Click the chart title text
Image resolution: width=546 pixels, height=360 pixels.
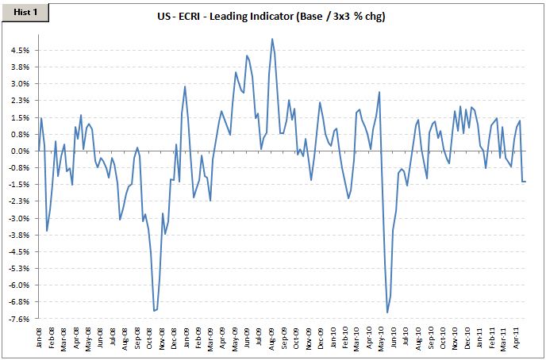pyautogui.click(x=272, y=17)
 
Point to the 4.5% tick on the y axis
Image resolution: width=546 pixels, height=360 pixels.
pyautogui.click(x=20, y=50)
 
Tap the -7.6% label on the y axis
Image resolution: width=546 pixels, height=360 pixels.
pyautogui.click(x=20, y=319)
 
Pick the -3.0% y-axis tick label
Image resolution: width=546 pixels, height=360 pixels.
pyautogui.click(x=20, y=218)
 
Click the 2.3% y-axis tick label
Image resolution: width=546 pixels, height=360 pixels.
pyautogui.click(x=20, y=100)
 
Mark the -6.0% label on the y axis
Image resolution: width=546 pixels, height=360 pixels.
pyautogui.click(x=20, y=285)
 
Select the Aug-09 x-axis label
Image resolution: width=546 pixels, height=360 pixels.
pyautogui.click(x=273, y=336)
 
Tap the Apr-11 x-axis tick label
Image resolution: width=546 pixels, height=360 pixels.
pyautogui.click(x=517, y=336)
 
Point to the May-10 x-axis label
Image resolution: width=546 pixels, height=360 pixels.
pyautogui.click(x=383, y=336)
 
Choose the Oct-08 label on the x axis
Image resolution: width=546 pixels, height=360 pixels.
pyautogui.click(x=151, y=336)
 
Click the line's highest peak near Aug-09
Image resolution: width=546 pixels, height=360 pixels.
pyautogui.click(x=272, y=39)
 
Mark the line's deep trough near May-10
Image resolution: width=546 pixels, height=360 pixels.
pyautogui.click(x=387, y=312)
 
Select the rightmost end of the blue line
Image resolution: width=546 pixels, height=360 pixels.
pyautogui.click(x=525, y=182)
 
